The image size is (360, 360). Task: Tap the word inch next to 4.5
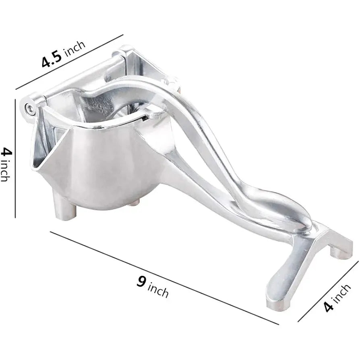[74, 47]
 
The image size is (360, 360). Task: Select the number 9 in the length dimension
[141, 281]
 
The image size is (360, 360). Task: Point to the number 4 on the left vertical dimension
[6, 152]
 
